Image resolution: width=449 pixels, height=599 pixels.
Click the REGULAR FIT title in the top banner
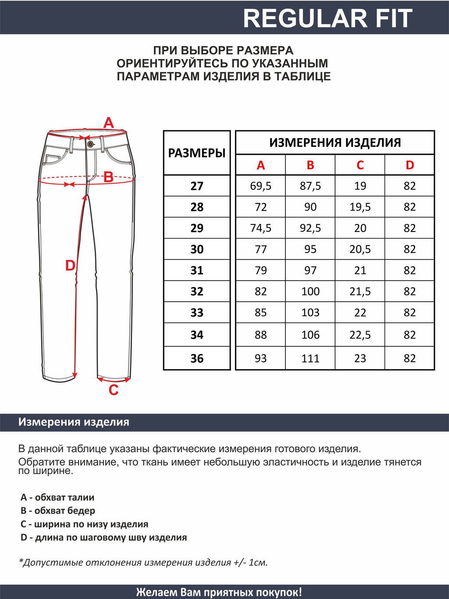328,18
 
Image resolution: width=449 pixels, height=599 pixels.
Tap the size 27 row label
197,186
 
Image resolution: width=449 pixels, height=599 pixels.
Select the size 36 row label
197,358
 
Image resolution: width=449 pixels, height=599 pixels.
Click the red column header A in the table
260,165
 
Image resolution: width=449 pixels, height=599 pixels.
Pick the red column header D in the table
410,165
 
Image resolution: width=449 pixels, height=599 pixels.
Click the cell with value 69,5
260,186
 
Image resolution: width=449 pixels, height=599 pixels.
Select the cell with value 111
310,358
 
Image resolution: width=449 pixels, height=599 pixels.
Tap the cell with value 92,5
310,228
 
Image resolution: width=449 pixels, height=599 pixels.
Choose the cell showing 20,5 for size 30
360,249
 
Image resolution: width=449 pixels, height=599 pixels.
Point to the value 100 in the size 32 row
310,291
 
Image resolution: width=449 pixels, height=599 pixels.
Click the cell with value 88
260,335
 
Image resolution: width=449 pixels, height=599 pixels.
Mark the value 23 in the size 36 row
360,358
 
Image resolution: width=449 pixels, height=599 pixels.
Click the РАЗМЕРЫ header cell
197,153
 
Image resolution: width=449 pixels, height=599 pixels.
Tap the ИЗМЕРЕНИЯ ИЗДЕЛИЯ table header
335,143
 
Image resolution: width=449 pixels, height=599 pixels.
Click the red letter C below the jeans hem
114,390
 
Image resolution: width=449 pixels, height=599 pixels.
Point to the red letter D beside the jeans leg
70,266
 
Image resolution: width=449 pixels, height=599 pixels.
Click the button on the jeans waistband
90,144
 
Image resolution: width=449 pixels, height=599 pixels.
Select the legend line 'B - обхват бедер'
58,511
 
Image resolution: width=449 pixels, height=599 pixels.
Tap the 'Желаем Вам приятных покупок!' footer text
219,592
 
